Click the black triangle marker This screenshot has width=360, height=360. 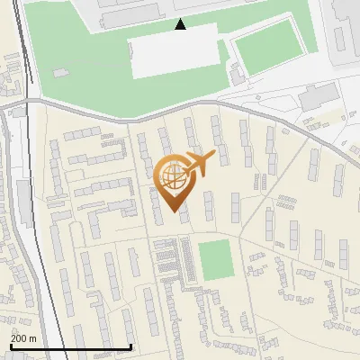[180, 24]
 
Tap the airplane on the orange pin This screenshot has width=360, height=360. [199, 163]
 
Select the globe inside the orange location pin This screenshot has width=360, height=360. [174, 173]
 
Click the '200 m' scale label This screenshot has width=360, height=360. [23, 338]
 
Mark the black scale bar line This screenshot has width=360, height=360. [71, 346]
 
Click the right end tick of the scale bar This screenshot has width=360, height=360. [131, 346]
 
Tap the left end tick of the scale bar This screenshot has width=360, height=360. [11, 346]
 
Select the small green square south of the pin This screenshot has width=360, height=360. [215, 259]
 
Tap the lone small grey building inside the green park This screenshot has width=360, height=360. [60, 72]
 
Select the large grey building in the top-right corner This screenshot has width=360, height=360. [346, 27]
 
